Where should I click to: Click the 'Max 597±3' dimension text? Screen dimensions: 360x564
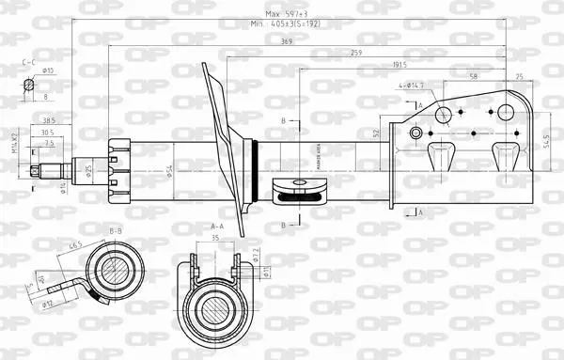[x=285, y=14]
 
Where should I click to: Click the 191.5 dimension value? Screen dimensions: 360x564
[x=400, y=65]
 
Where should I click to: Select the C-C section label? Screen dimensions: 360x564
[x=29, y=61]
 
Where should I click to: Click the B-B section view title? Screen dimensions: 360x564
[x=116, y=230]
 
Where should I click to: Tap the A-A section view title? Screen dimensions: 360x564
[x=216, y=227]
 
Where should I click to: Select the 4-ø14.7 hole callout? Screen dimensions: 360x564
[x=411, y=86]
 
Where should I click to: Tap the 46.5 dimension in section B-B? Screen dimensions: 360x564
[x=74, y=245]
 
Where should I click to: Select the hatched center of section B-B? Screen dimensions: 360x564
[x=115, y=270]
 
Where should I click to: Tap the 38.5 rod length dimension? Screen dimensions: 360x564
[x=49, y=120]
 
